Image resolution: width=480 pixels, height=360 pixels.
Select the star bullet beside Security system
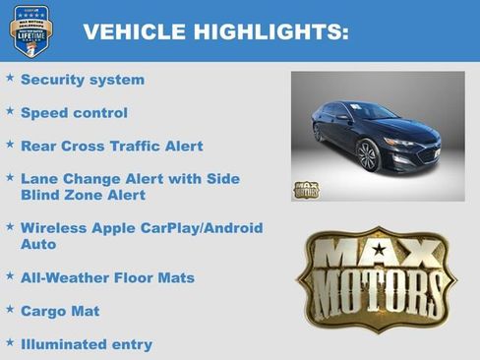pos(10,78)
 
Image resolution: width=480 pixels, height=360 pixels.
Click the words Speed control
pos(74,113)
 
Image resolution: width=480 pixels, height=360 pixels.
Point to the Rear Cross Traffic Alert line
pos(111,147)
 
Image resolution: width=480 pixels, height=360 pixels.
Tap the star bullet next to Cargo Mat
pos(10,310)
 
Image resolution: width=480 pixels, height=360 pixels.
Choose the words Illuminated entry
pos(87,344)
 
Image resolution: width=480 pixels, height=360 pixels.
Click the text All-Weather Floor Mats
pos(107,278)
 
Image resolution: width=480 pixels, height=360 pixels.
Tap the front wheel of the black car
pos(368,155)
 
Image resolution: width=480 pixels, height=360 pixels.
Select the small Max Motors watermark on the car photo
pos(306,190)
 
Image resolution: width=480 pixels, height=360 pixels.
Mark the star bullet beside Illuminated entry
pos(10,343)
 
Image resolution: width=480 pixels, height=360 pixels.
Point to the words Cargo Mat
pos(60,311)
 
